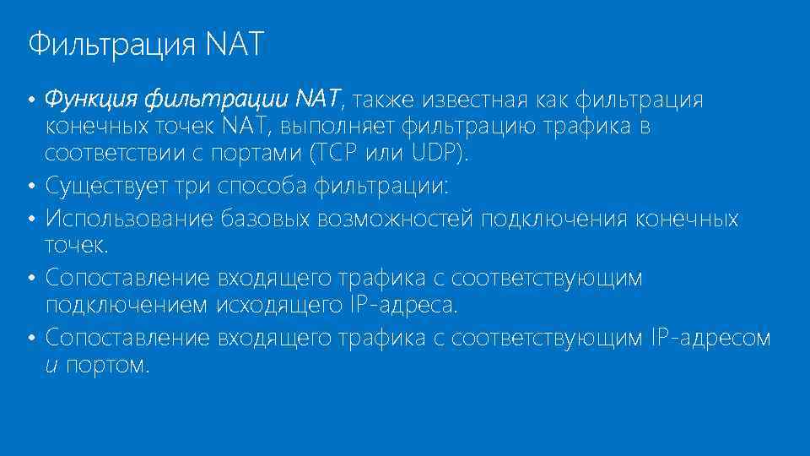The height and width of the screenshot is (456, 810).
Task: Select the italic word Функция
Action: (91, 101)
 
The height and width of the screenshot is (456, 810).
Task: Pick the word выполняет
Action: (343, 128)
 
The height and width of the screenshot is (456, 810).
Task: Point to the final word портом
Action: (107, 366)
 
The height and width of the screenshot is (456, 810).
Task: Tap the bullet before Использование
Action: (30, 220)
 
